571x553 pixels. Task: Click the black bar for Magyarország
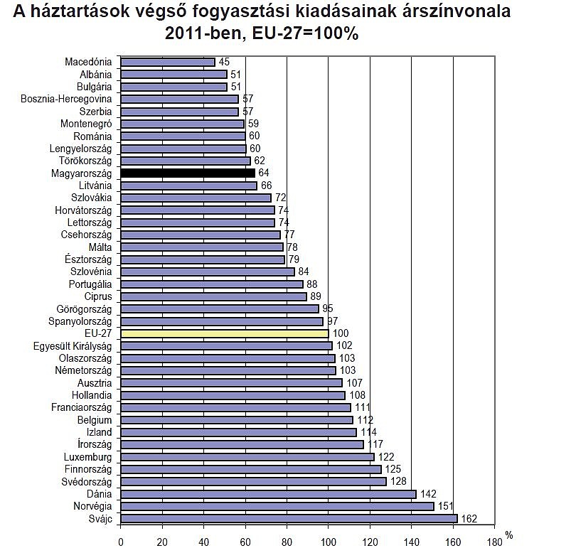[188, 173]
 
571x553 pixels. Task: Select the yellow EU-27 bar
[225, 333]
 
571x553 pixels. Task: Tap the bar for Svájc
[289, 518]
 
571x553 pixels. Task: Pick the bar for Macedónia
[168, 62]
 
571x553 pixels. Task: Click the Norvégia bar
[277, 506]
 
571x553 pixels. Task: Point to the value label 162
[469, 519]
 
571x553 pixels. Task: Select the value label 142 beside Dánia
[428, 494]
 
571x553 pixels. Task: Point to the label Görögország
[84, 308]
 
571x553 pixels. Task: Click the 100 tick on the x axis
[328, 541]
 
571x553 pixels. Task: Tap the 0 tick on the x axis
[121, 541]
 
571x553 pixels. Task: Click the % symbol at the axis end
[508, 534]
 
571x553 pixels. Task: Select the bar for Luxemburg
[247, 456]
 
